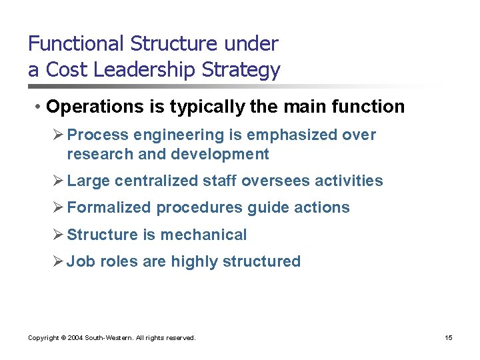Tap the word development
pos(220,155)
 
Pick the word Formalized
pos(109,207)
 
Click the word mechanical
pos(203,235)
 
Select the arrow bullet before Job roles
pos(59,261)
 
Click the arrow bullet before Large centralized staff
pos(59,181)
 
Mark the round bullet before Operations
pos(41,107)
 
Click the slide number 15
pos(449,338)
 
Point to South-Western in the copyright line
pos(107,338)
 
